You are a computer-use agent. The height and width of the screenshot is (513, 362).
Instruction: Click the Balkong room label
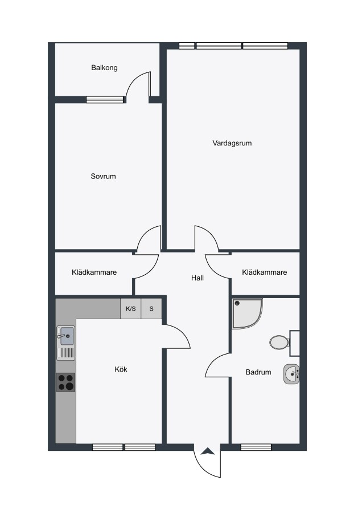coord(104,68)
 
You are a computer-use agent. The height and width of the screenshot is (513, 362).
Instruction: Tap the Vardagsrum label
coord(232,143)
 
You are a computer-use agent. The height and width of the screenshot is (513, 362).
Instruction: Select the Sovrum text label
coord(103,176)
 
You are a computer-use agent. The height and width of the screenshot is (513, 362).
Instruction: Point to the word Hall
coord(198,278)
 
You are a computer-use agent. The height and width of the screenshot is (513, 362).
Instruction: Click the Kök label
coord(121,369)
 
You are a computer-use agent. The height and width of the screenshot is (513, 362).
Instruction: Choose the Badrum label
coord(258,372)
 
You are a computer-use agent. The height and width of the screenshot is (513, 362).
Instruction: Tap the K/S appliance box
coord(131,308)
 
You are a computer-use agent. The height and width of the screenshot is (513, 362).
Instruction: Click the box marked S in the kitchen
coord(151,308)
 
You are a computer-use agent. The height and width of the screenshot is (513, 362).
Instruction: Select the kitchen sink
coord(65,343)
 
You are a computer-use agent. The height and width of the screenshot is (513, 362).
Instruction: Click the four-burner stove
coord(65,382)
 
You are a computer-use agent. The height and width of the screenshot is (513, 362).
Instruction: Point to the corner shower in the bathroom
coord(247,313)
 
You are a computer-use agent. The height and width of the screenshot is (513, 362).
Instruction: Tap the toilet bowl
coord(279,342)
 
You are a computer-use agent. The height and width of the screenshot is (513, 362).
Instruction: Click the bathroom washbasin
coord(291,374)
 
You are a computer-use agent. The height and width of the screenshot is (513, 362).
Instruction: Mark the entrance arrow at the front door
coord(207,452)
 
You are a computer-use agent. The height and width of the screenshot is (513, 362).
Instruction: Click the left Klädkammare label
coord(94,272)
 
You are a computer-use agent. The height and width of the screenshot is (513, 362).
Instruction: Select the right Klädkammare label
coord(265,272)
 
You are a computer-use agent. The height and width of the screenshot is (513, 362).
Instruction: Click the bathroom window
coord(256,447)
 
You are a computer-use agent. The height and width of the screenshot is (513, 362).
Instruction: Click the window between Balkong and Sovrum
coord(105,100)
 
